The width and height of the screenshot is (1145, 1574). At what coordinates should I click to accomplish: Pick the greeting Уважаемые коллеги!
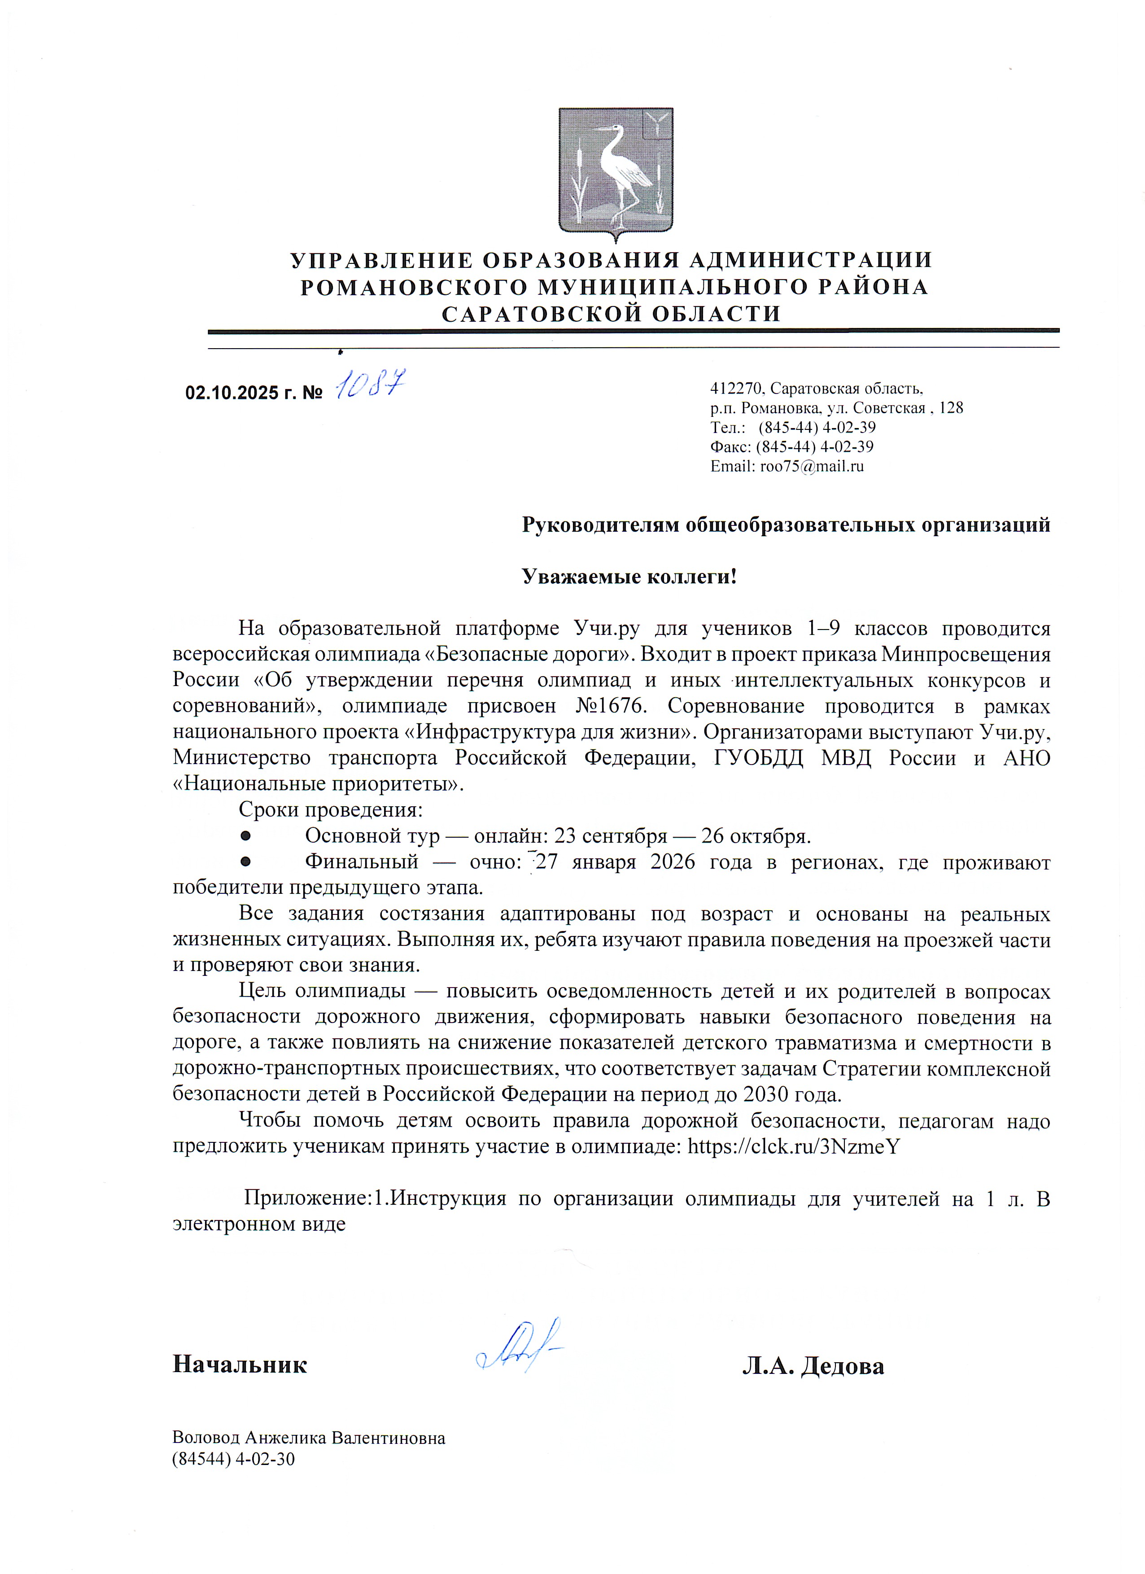pos(629,577)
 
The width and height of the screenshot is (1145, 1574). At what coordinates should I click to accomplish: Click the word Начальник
pos(240,1364)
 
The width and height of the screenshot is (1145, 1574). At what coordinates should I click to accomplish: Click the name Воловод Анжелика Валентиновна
pos(308,1438)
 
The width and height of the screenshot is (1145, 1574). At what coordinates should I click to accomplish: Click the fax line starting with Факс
pos(791,447)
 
